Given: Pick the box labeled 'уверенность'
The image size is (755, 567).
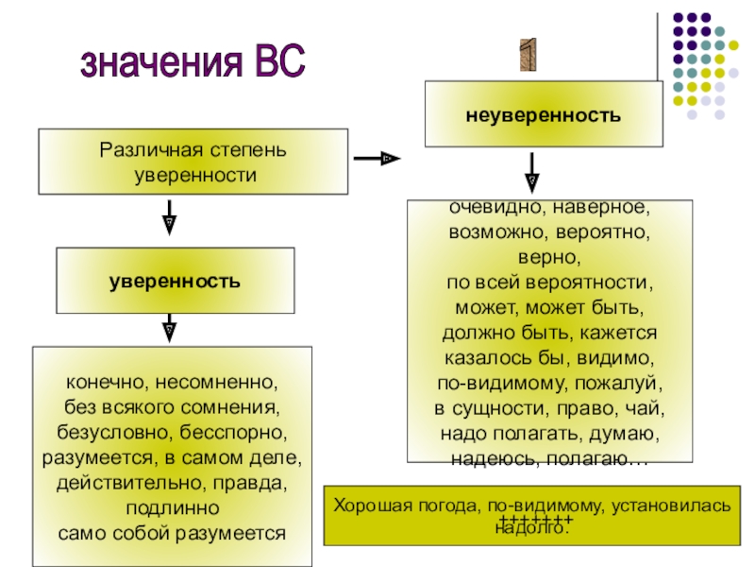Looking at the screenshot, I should [174, 282].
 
